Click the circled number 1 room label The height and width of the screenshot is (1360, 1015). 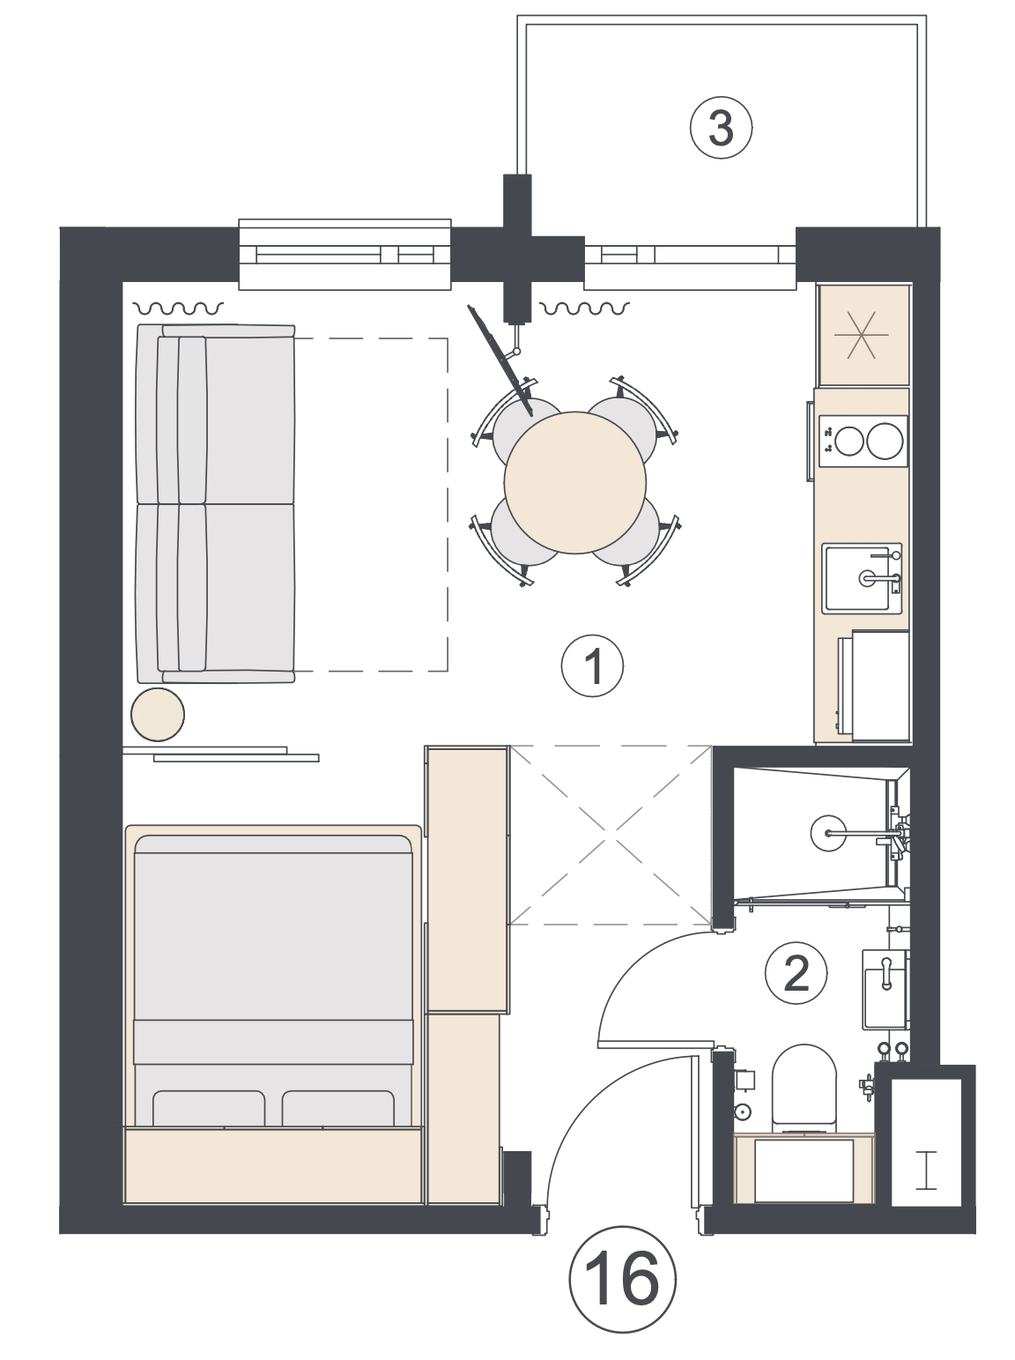592,667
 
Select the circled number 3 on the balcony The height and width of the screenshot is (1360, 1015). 721,129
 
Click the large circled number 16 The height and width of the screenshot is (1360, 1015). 622,1278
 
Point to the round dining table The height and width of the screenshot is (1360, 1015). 574,482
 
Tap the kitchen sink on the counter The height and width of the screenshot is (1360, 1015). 862,578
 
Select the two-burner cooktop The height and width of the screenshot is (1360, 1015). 863,441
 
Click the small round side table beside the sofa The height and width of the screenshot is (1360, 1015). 158,715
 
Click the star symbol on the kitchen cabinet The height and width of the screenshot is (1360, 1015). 862,335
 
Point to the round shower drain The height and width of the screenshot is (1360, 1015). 828,832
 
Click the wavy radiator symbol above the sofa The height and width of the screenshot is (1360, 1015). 179,308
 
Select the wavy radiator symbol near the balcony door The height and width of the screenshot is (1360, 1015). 585,308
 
